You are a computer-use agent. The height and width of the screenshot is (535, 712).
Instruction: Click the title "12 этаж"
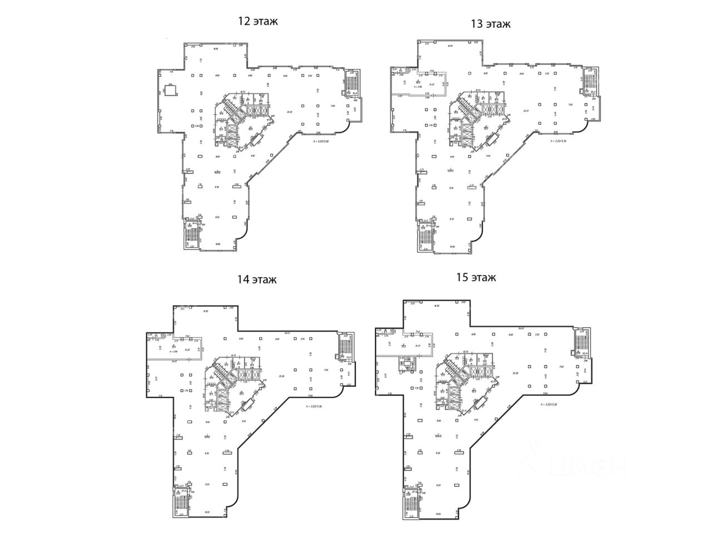pyautogui.click(x=258, y=22)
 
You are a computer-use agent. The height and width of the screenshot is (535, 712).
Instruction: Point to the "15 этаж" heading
pyautogui.click(x=476, y=277)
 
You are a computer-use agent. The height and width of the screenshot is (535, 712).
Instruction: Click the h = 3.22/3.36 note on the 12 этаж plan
pyautogui.click(x=324, y=141)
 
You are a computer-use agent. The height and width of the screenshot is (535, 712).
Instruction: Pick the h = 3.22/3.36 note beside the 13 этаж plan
pyautogui.click(x=558, y=141)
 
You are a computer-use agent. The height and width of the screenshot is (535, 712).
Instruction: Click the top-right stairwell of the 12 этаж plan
pyautogui.click(x=351, y=84)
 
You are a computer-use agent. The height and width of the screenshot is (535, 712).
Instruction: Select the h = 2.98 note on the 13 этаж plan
pyautogui.click(x=419, y=87)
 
